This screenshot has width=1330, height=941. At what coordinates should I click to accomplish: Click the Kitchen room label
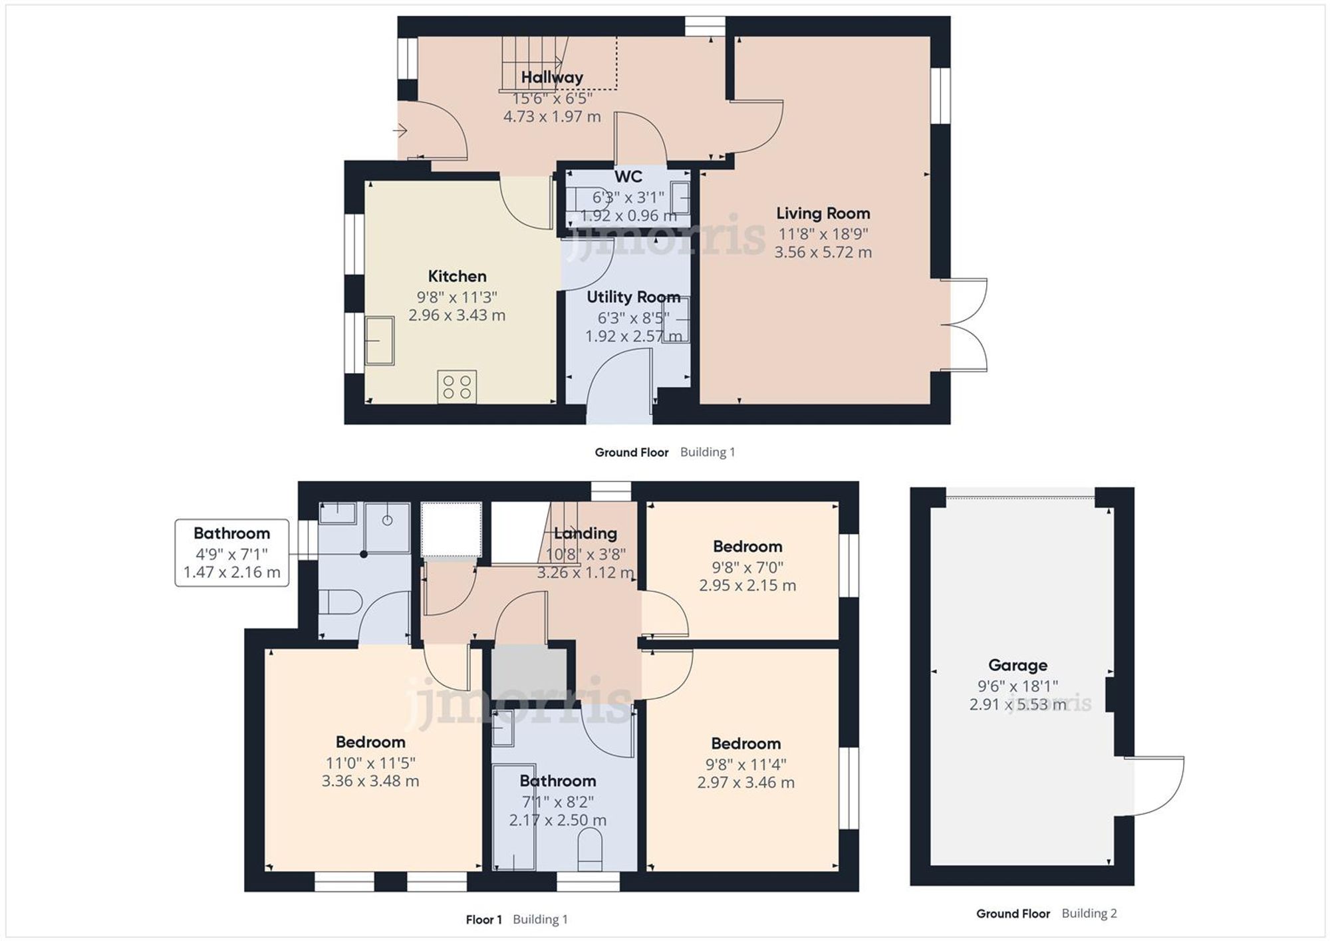click(457, 276)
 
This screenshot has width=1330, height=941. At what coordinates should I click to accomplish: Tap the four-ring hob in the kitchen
click(457, 386)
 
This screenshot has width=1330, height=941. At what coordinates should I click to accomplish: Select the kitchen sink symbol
click(380, 340)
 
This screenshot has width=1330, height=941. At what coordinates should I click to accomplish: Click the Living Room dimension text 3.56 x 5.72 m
click(823, 252)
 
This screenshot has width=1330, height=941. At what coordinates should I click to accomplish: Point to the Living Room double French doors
click(964, 325)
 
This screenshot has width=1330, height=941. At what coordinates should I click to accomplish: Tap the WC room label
click(628, 176)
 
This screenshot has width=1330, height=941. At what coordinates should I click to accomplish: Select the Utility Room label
click(633, 297)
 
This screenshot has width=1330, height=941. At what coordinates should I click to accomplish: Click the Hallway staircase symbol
click(532, 63)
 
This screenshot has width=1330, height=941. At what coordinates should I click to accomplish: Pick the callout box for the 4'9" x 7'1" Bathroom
click(231, 553)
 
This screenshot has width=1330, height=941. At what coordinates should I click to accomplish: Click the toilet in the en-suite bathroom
click(340, 603)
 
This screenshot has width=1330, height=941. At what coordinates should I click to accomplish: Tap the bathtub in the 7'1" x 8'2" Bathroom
click(514, 817)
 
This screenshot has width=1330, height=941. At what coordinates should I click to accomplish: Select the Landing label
click(585, 533)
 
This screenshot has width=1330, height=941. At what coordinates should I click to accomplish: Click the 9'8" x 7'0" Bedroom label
click(747, 547)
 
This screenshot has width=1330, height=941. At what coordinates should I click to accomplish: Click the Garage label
click(1017, 665)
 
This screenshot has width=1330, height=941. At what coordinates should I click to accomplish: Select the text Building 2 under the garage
click(1089, 913)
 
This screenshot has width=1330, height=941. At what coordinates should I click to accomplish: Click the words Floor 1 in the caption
click(483, 919)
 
